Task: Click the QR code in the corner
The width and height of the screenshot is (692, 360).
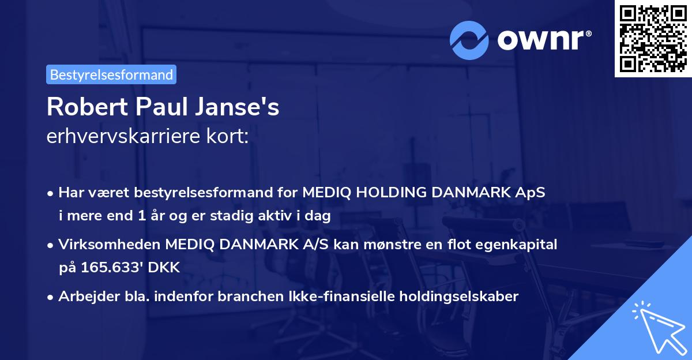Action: [653, 38]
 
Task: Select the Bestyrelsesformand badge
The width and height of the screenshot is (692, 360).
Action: [111, 74]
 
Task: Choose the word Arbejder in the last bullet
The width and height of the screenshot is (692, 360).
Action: [82, 297]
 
